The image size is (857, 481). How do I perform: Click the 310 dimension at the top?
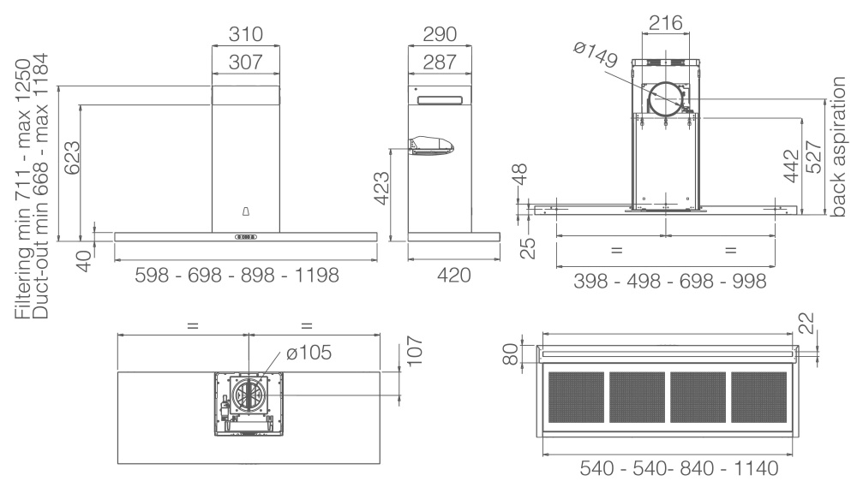(x=246, y=34)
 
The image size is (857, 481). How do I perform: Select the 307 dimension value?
(x=246, y=62)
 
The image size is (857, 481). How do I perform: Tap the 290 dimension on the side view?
(x=440, y=34)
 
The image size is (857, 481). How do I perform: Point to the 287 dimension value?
(x=440, y=62)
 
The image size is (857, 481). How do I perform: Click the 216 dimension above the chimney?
(x=666, y=23)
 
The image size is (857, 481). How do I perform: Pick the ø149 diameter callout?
(x=596, y=55)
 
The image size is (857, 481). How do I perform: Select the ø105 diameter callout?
(x=309, y=353)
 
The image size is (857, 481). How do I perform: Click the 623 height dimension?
(x=72, y=158)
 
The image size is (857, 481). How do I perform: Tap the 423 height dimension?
(x=381, y=188)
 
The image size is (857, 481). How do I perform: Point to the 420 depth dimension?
(x=453, y=276)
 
